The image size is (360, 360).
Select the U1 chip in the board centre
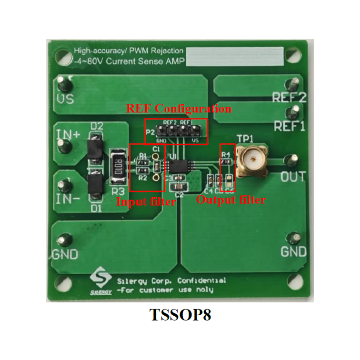[x=178, y=166]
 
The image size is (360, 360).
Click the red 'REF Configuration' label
[x=179, y=108]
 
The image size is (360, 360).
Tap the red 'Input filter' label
[x=146, y=202]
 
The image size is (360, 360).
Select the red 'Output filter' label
[x=231, y=200]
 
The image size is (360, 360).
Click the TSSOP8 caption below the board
[x=180, y=316]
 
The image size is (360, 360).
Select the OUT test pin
[x=291, y=160]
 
